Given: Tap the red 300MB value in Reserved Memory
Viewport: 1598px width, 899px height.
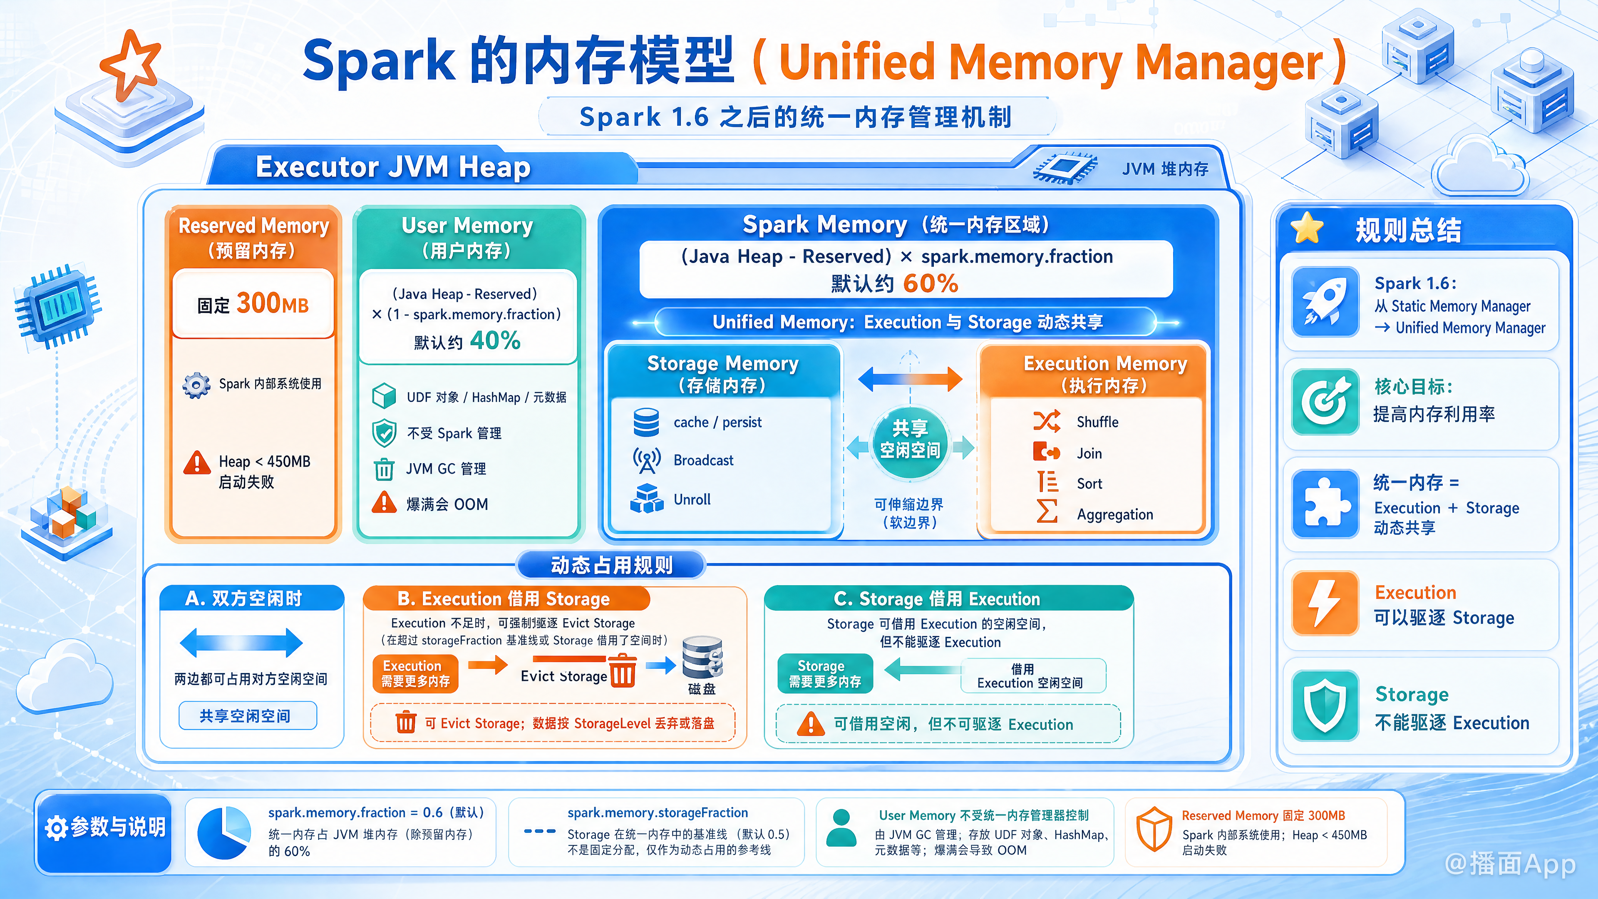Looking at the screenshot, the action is coord(272,303).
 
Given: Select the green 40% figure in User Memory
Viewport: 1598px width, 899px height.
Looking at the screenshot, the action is coord(495,340).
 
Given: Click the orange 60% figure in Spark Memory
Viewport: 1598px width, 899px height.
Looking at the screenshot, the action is coord(931,283).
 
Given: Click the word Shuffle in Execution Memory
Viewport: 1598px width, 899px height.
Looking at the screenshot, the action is coord(1097,422).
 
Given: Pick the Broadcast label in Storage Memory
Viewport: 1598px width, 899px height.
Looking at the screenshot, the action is coord(703,460).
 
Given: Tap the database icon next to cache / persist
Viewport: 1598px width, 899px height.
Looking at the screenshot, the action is coord(646,422).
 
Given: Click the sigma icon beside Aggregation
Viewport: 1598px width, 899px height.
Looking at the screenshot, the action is coord(1047,511).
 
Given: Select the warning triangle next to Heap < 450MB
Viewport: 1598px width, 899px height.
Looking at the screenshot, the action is coord(197,462).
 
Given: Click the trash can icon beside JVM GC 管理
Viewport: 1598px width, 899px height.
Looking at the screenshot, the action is coord(384,469).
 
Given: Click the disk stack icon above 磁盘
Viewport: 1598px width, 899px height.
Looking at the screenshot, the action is coord(702,658).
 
